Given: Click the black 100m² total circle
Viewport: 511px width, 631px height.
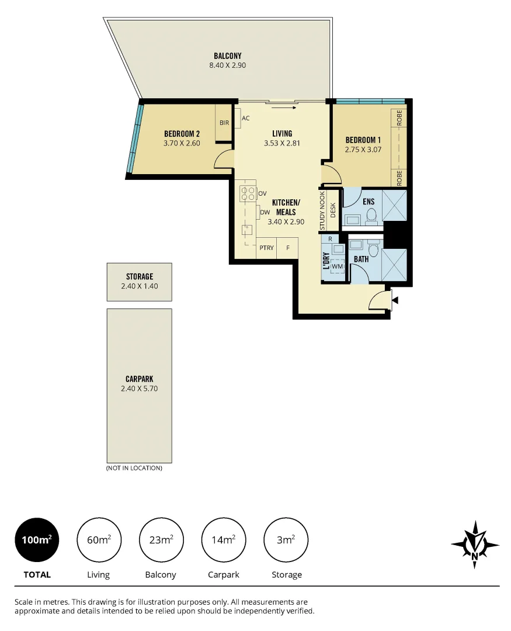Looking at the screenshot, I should pos(36,540).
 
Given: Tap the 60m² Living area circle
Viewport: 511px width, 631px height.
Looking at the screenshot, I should pos(98,540).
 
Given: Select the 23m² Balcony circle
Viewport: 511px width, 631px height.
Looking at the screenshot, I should pos(161,540).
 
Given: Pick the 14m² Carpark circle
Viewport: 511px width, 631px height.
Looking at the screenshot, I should pos(223,540).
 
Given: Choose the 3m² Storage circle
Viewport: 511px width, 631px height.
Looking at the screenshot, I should pos(286,540).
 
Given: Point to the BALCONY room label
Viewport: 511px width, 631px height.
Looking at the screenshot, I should pos(227,56).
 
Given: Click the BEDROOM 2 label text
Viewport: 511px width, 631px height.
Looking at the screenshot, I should pos(182,134).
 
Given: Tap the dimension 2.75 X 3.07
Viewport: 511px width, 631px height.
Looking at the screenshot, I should pos(363,149).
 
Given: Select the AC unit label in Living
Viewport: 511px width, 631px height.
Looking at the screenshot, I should pos(246,118).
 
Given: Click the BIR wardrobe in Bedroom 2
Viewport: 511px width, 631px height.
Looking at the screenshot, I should pos(224,123).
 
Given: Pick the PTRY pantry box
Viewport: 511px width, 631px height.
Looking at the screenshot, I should pos(266,248).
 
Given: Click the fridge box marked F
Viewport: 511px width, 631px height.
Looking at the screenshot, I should pos(287,248).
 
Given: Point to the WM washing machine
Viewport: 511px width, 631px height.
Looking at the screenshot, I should pos(337,267).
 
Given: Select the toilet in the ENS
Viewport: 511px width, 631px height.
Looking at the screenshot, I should pos(371,217).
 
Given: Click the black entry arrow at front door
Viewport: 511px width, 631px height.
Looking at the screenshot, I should pos(395,300).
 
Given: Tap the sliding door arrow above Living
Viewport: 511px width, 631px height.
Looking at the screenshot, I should pos(284,108).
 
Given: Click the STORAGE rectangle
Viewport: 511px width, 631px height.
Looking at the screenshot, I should pos(139,282).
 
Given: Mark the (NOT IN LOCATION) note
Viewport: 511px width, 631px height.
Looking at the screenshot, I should pos(134,468).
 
